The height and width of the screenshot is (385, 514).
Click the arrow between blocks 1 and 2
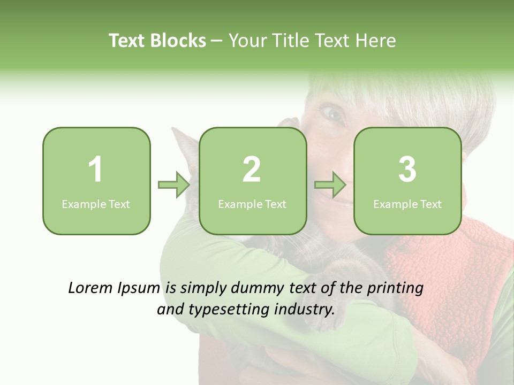pyautogui.click(x=174, y=185)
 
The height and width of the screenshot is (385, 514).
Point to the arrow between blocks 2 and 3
pyautogui.click(x=330, y=185)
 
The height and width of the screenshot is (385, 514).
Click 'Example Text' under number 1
pyautogui.click(x=96, y=204)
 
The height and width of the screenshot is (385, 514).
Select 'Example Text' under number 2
pyautogui.click(x=252, y=204)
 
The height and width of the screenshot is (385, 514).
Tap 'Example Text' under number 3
pyautogui.click(x=407, y=204)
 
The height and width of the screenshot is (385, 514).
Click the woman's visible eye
pyautogui.click(x=331, y=113)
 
